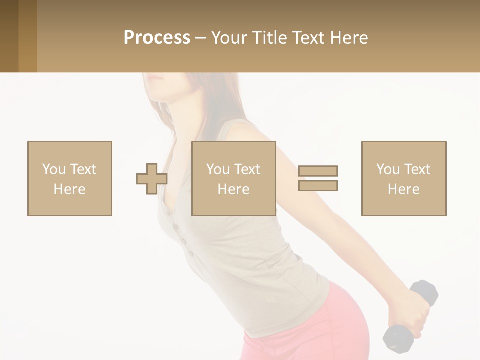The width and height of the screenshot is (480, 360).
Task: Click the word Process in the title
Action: point(157,38)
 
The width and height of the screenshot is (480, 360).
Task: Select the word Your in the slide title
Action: point(229,38)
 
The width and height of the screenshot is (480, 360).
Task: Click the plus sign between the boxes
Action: point(152,179)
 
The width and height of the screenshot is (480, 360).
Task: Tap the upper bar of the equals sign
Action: point(318,171)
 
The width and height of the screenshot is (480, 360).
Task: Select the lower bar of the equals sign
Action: point(318,185)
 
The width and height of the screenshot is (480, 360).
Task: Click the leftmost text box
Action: point(70,178)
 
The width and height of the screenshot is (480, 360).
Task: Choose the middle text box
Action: point(234,178)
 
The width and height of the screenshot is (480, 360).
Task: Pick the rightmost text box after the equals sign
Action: point(404,178)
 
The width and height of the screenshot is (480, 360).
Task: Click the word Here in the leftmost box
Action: point(70,189)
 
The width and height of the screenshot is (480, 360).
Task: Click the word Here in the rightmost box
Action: point(404,189)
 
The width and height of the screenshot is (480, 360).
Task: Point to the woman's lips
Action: point(155,78)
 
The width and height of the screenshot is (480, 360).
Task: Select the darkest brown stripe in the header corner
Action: point(9,36)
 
